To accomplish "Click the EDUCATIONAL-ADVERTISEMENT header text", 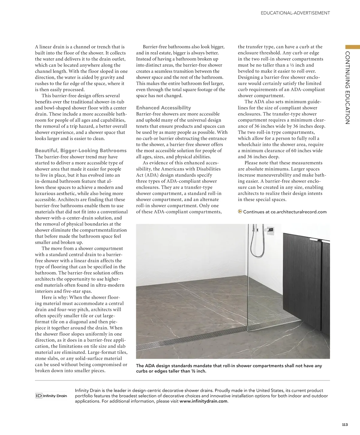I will point(295,13).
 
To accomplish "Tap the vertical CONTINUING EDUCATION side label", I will point(348,88).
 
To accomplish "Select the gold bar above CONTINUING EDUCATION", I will point(352,47).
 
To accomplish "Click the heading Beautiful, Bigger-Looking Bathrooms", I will point(81,151).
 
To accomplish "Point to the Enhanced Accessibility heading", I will point(163,108).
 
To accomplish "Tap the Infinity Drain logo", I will point(51,396).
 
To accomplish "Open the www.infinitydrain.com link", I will point(203,401).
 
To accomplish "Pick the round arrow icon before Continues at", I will point(240,211).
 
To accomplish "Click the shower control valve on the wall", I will point(271,230).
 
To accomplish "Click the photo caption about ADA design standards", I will point(229,368).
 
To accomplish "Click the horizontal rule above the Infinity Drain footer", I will point(182,380).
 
